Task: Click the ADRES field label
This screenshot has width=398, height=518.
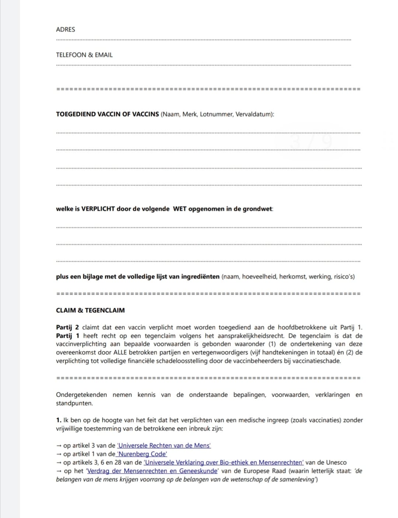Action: coord(65,29)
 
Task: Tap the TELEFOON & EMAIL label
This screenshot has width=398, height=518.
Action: coord(84,55)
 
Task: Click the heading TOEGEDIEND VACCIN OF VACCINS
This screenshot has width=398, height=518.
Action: coord(107,114)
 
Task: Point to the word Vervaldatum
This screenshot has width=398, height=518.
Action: coord(254,114)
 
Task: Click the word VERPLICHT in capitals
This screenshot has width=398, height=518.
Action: coord(98,209)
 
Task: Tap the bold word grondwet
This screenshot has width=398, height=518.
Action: coord(258,209)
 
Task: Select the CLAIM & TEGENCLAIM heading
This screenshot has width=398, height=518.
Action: coord(90,310)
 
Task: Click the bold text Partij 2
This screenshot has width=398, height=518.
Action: coord(67,327)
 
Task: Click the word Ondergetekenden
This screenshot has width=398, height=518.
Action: coord(81,395)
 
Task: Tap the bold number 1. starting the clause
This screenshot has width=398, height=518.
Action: coord(59,420)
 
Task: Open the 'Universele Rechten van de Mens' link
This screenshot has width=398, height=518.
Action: coord(164,446)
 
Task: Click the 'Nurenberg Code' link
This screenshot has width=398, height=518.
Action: coord(142,454)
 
